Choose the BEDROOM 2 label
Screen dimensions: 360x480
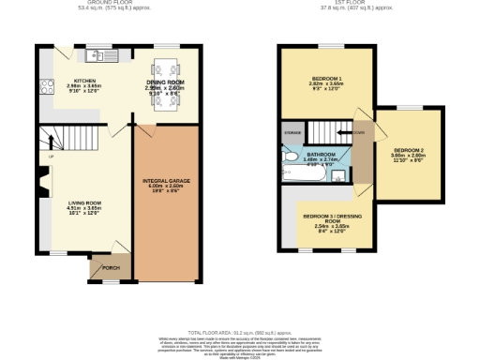coord(409,151)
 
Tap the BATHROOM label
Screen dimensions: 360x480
coord(322,154)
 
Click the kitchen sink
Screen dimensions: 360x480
coord(103,57)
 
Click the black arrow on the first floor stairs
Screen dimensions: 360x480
coord(358,133)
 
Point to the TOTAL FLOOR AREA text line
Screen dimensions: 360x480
coord(240,333)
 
